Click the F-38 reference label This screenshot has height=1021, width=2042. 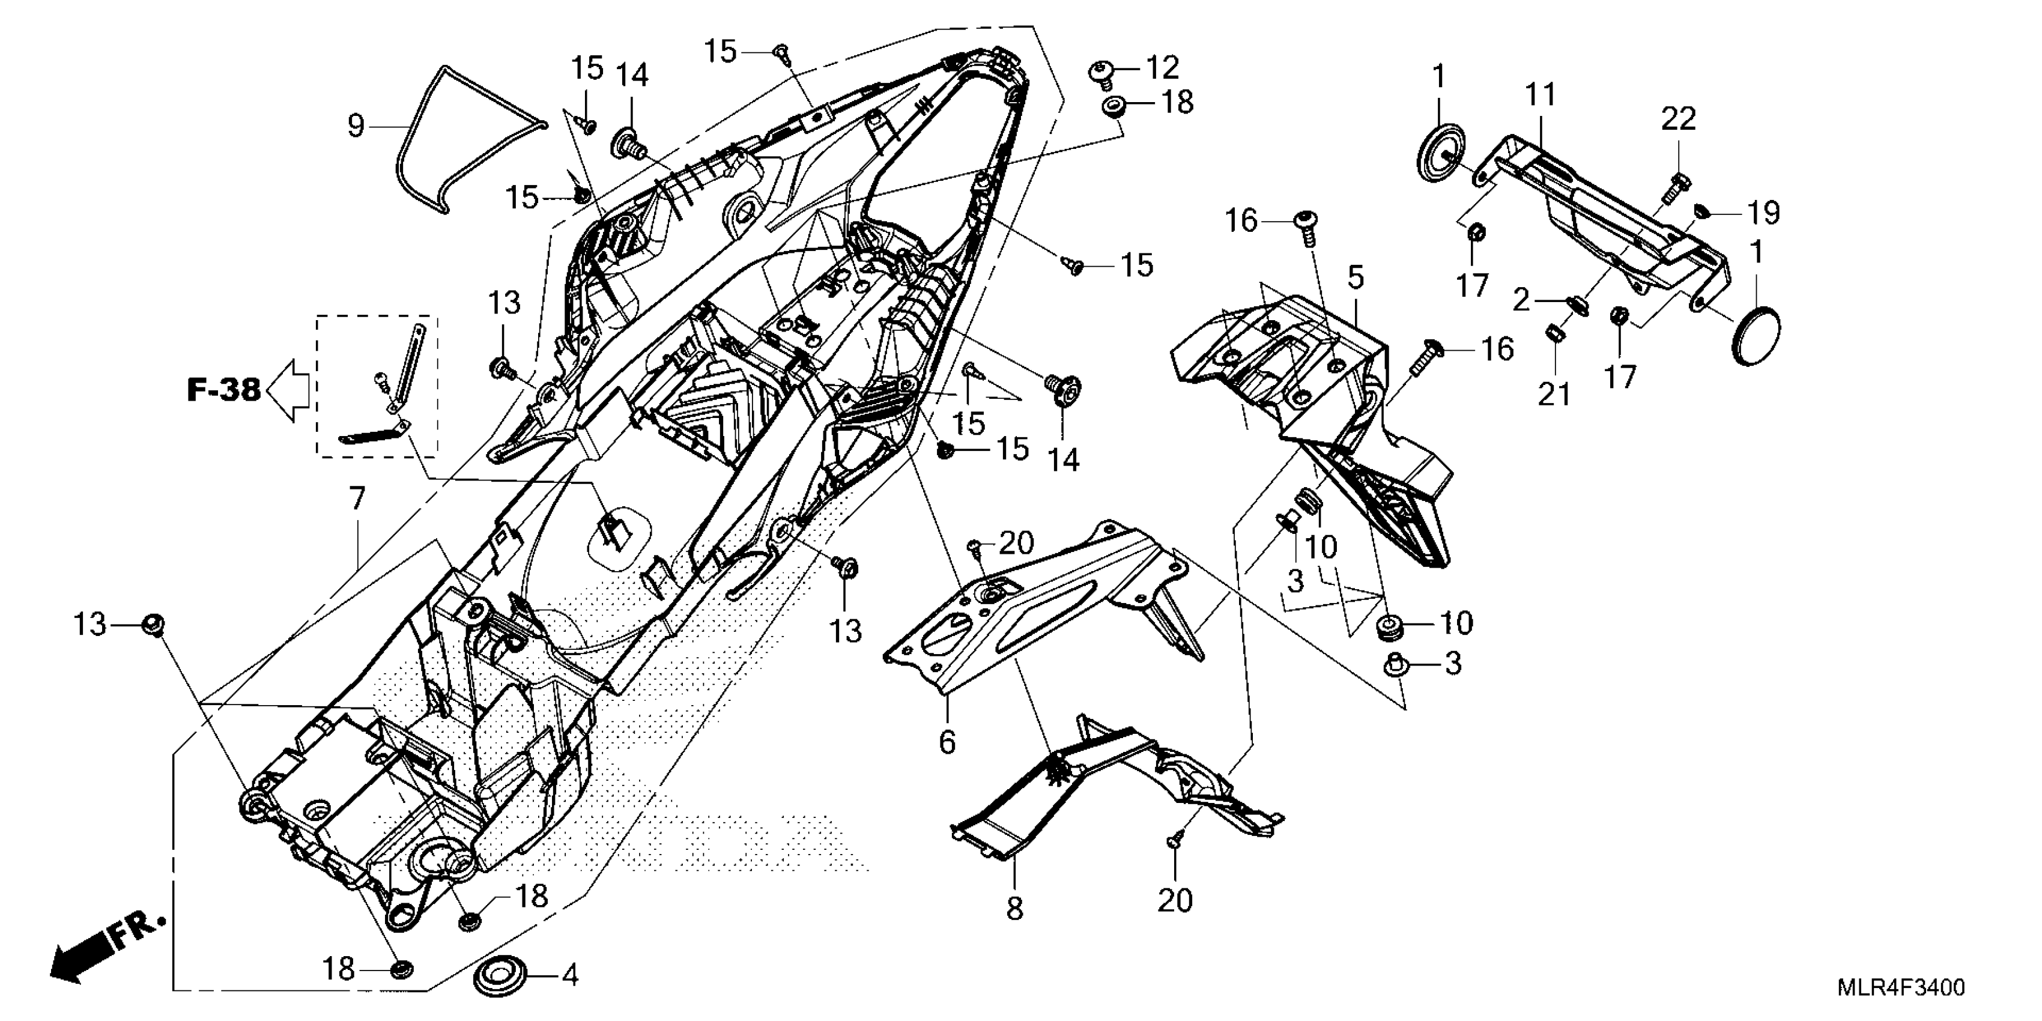(223, 389)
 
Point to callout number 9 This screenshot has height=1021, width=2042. (356, 126)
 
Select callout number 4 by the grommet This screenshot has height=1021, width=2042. (570, 974)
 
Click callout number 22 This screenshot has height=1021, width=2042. (1678, 119)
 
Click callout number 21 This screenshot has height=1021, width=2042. (1554, 393)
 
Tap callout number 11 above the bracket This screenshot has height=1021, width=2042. (1541, 95)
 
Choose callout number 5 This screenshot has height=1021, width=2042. (1356, 277)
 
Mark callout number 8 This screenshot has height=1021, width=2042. (1016, 907)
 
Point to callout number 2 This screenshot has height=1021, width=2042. (1521, 300)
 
